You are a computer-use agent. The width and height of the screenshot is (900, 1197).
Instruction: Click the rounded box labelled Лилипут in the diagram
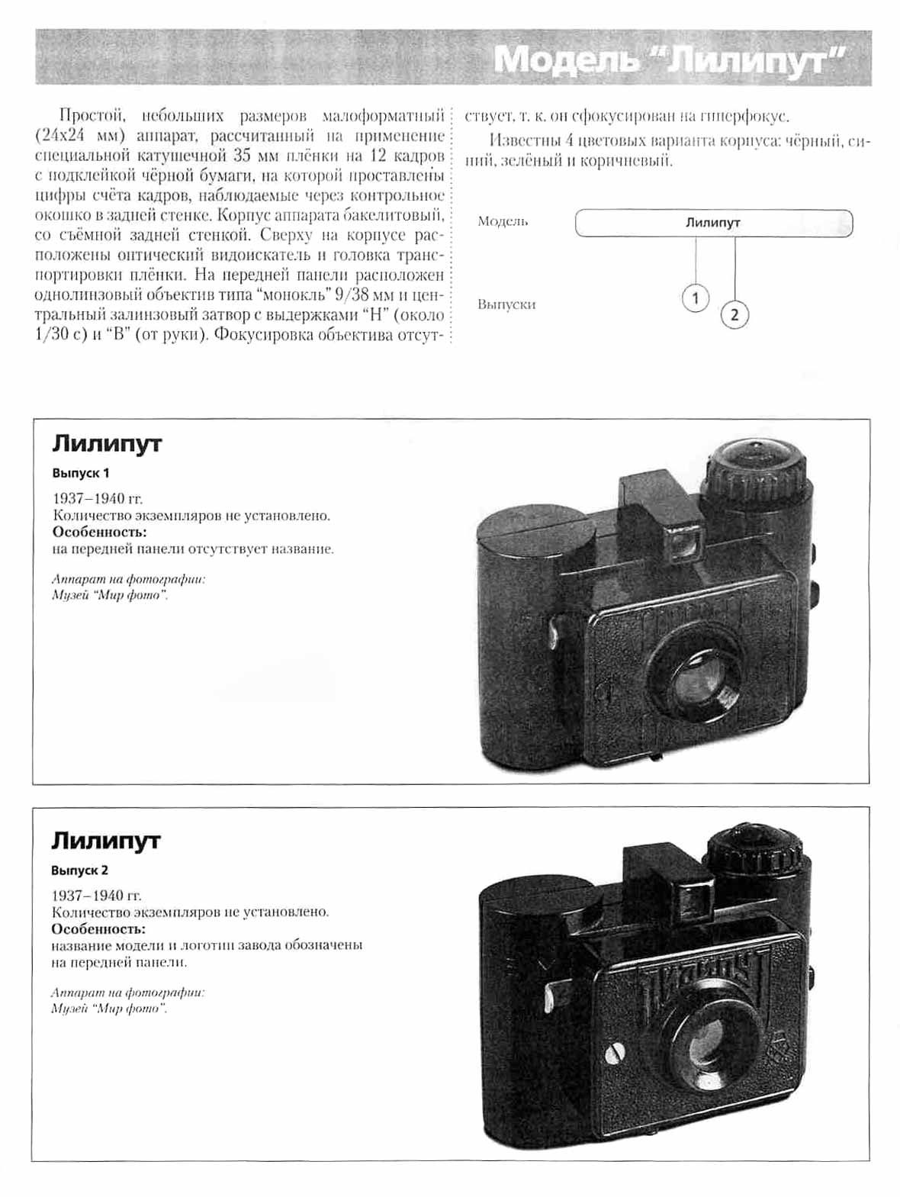coord(713,224)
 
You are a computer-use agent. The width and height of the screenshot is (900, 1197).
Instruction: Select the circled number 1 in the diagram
coord(695,298)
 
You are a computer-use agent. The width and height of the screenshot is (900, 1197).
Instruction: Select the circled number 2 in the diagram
coord(734,314)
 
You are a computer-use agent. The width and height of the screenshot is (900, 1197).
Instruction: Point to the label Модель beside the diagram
coord(503,221)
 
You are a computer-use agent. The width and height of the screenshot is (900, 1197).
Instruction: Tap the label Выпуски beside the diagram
coord(506,304)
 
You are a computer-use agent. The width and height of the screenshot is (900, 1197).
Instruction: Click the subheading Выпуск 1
coord(81,473)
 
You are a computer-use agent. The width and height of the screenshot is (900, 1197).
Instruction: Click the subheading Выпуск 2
coord(80,870)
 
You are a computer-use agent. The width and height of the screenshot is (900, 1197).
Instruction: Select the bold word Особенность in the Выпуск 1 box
coord(99,532)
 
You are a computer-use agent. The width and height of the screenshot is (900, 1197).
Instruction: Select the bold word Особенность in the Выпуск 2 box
coord(98,928)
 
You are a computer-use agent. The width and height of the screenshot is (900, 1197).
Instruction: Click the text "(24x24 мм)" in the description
coord(79,136)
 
